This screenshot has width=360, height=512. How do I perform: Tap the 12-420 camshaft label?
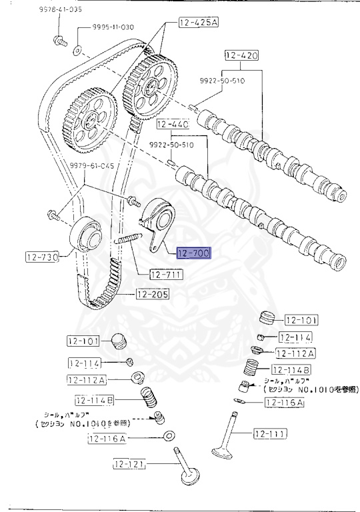tap(241, 55)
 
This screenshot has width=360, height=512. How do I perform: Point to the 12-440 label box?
tap(173, 125)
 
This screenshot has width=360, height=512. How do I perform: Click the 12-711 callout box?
tap(165, 274)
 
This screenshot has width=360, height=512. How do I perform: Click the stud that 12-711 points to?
tap(129, 238)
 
